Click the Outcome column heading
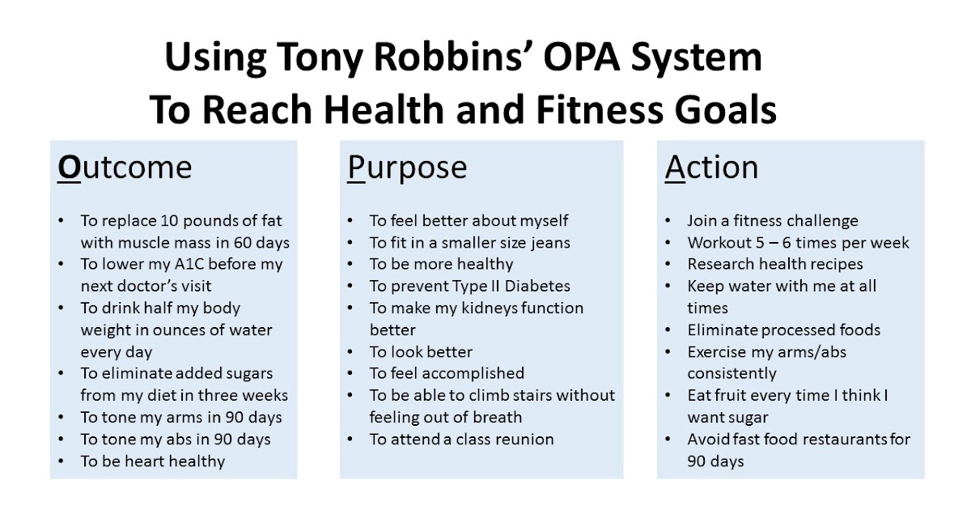coord(125,168)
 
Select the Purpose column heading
coord(407,168)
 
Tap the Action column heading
coord(712,168)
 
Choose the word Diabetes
coord(535,286)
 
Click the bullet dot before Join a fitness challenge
coord(667,221)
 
